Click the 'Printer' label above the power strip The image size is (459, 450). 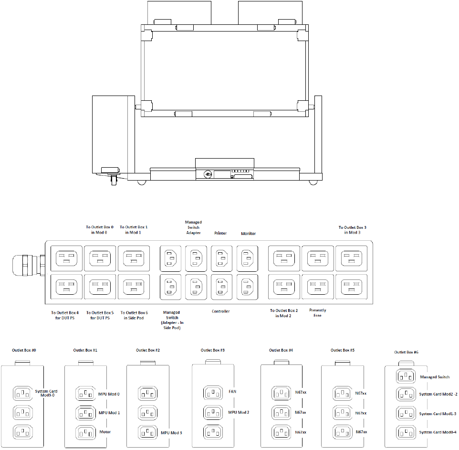(220, 233)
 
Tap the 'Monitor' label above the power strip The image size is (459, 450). (248, 233)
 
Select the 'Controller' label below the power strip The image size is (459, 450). (221, 311)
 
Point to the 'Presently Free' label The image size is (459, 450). (318, 313)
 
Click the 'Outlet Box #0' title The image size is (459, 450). (24, 350)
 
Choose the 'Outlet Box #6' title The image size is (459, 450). (407, 352)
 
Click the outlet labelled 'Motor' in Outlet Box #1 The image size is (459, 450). (86, 432)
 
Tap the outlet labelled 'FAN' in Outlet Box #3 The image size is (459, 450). (213, 393)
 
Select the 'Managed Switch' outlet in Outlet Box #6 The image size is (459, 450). (406, 376)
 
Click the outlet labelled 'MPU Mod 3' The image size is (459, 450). (148, 432)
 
